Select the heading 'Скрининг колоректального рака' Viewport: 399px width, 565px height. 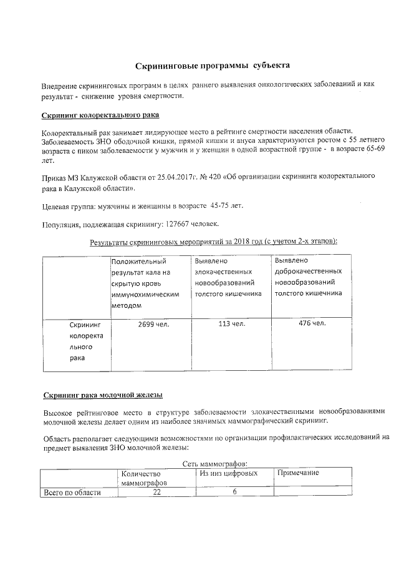coord(100,115)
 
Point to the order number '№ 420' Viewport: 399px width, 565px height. coord(211,177)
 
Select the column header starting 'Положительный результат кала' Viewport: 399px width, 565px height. coord(148,283)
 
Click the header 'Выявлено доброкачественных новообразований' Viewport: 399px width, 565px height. coord(309,277)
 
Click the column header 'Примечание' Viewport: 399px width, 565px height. coord(298,473)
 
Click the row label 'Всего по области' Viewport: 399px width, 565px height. coord(71,493)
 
